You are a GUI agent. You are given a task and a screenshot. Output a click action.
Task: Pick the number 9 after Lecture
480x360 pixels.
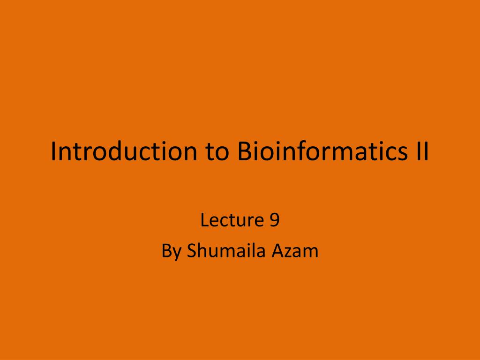[275, 220]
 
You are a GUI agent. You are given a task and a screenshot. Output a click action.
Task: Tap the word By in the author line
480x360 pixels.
[171, 251]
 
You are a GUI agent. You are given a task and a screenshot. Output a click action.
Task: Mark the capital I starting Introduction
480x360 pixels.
[53, 151]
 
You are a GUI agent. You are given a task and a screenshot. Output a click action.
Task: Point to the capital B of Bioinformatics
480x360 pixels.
[244, 151]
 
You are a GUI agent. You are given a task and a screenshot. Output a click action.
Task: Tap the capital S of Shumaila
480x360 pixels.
[192, 251]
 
